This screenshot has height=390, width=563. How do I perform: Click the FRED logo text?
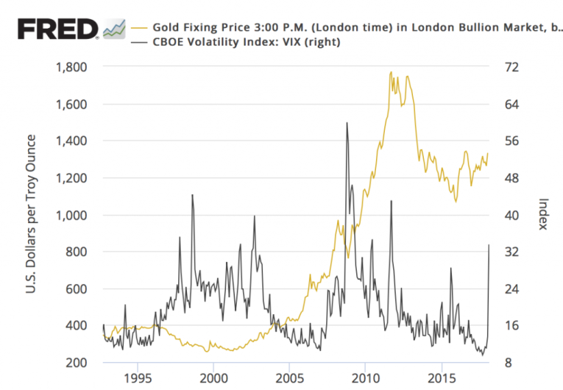click(x=58, y=29)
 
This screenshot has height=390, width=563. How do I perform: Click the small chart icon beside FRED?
click(x=114, y=29)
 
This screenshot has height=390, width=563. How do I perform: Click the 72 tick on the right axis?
click(x=510, y=67)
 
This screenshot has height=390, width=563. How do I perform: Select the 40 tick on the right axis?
click(x=510, y=215)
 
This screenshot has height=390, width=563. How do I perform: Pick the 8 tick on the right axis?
click(x=507, y=363)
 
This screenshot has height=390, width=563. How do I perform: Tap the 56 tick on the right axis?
click(x=510, y=141)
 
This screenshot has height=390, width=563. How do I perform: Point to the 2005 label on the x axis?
click(x=289, y=378)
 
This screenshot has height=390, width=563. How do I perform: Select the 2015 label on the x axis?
click(x=441, y=378)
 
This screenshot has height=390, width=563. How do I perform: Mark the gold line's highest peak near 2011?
click(x=391, y=72)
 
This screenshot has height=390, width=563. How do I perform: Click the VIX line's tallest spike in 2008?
click(x=347, y=123)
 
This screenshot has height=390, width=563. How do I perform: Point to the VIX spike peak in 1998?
click(x=192, y=195)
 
